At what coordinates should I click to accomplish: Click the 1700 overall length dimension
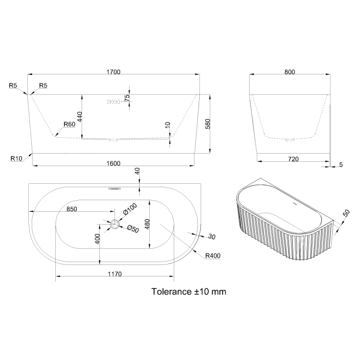[114, 72]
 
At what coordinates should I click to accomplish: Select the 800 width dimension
[289, 72]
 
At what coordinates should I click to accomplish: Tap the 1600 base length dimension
[113, 163]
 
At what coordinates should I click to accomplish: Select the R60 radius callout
[69, 124]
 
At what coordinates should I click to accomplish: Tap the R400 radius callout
[213, 256]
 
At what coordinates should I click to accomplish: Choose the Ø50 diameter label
[132, 229]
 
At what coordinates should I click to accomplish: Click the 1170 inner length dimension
[114, 274]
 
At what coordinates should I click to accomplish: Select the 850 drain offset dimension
[72, 209]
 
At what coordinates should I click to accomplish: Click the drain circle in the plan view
[115, 224]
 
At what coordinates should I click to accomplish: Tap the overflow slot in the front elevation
[113, 102]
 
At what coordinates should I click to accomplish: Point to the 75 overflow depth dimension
[127, 97]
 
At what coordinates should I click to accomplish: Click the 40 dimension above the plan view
[137, 170]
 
